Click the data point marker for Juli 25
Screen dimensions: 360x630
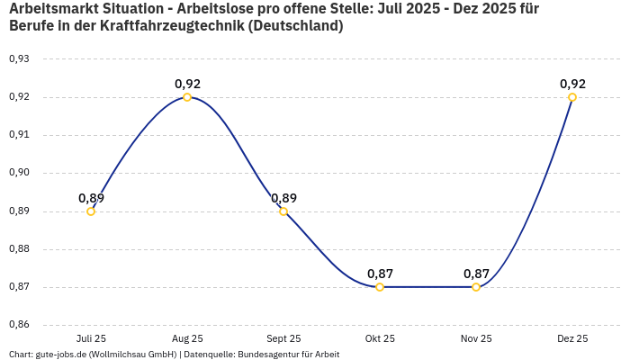[x=91, y=211]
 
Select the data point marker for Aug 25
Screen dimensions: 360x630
[x=187, y=97]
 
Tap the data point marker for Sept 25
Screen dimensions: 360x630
[x=283, y=211]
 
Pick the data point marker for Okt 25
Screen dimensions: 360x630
[x=380, y=287]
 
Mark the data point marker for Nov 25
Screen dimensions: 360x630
[x=476, y=287]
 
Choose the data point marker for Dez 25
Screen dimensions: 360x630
[x=572, y=97]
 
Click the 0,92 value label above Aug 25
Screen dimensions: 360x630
[x=187, y=84]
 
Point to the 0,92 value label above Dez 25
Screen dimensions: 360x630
[x=572, y=84]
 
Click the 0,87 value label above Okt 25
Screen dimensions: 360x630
[x=380, y=274]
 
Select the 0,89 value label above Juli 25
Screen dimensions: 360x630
[x=91, y=198]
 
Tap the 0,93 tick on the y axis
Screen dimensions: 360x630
[x=19, y=59]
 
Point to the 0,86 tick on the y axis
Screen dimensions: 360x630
[x=19, y=325]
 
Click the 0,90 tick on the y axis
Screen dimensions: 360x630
[x=19, y=173]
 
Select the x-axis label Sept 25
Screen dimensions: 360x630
[x=283, y=338]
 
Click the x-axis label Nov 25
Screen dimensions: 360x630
[x=476, y=338]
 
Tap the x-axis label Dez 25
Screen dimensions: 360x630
[x=572, y=338]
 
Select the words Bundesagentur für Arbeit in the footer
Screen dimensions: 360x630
[x=288, y=355]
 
